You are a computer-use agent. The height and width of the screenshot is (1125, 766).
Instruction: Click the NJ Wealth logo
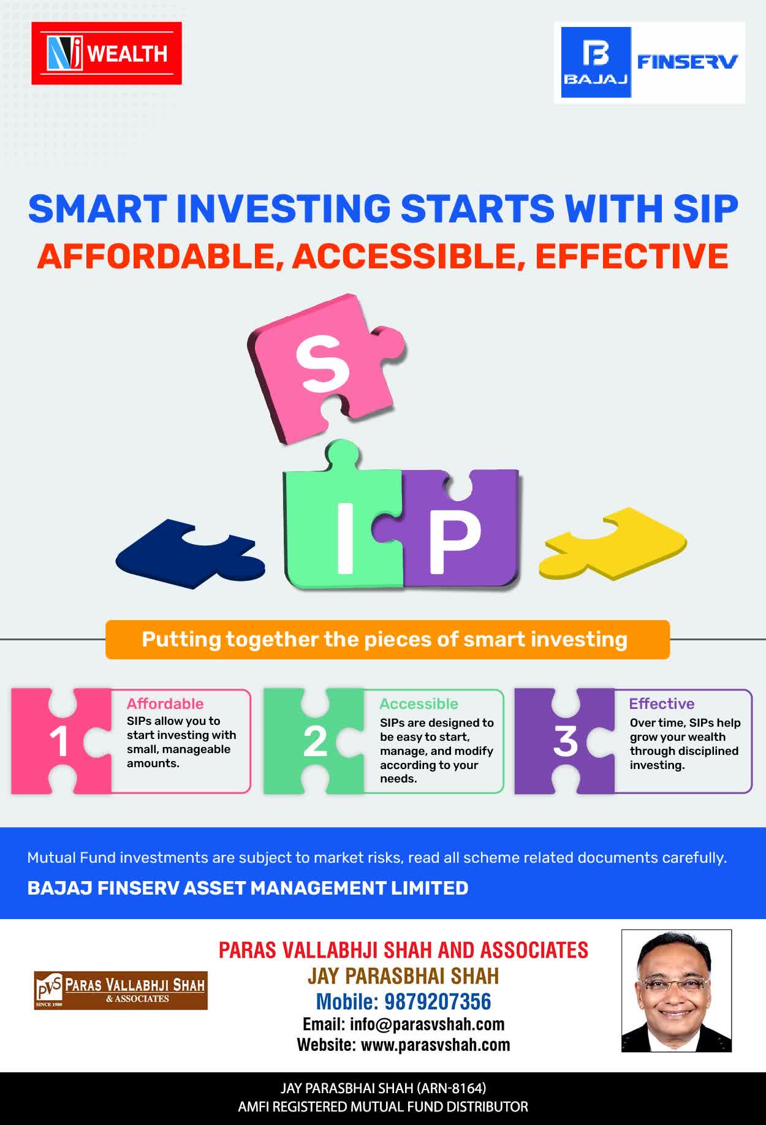tap(107, 53)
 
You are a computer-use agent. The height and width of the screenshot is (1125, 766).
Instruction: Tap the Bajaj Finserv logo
tap(650, 63)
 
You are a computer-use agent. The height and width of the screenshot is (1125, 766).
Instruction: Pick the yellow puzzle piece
tap(613, 544)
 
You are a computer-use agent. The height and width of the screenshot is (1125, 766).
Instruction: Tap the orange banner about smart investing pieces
tap(387, 640)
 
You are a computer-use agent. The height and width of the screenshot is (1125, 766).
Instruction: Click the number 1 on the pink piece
tap(59, 742)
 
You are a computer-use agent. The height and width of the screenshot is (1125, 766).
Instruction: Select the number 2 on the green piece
tap(316, 742)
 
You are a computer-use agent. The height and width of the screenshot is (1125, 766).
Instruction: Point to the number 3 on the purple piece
tap(565, 741)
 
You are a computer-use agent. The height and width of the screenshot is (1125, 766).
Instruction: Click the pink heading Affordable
tap(165, 703)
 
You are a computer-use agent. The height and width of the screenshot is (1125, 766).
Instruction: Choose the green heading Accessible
tap(419, 703)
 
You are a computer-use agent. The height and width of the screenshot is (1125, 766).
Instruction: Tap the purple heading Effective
tap(662, 703)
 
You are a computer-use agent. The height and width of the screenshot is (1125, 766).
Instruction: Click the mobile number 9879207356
tap(438, 1001)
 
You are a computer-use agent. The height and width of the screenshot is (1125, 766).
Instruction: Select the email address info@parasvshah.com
tap(427, 1024)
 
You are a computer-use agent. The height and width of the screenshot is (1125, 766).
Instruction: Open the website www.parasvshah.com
tap(435, 1045)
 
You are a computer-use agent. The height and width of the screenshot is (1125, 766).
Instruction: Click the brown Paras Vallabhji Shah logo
tap(121, 990)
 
